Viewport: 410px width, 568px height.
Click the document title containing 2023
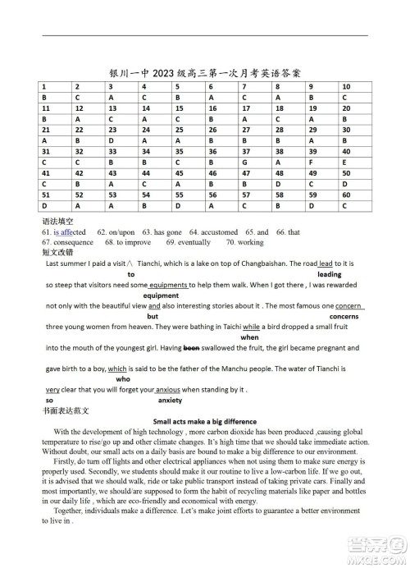[x=205, y=71]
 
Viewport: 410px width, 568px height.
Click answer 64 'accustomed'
[x=214, y=232]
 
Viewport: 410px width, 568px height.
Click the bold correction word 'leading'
[x=329, y=274]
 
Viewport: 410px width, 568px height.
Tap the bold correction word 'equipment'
[x=161, y=295]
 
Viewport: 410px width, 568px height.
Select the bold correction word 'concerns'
[x=344, y=316]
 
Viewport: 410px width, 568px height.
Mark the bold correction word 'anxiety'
[x=170, y=400]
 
